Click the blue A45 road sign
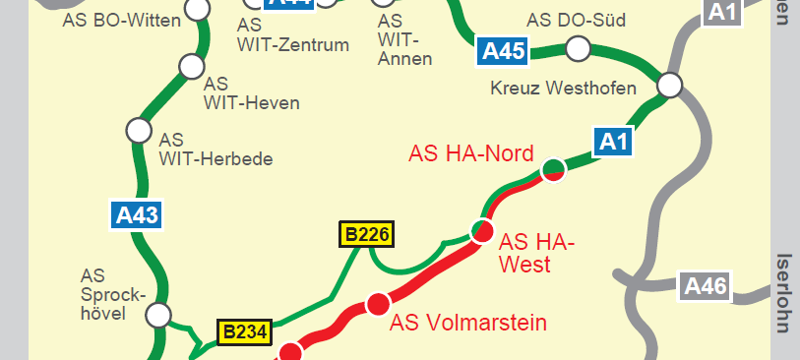coord(502,51)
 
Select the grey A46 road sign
coord(705,287)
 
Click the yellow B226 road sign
coord(367,234)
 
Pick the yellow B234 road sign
coord(244,332)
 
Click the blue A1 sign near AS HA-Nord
coord(613,142)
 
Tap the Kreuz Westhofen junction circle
coord(670,85)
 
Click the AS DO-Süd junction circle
coord(578,47)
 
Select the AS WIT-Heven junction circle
coord(190,67)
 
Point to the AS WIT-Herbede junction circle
coord(138,129)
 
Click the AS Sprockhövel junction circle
coord(157,315)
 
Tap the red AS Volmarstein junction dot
coord(377,305)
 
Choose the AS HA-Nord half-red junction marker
coord(554,170)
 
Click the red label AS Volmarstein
coord(468,323)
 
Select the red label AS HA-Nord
coord(471,153)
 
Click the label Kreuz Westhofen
coord(563,89)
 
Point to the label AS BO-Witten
coord(121,20)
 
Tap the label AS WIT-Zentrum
coord(293,34)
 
